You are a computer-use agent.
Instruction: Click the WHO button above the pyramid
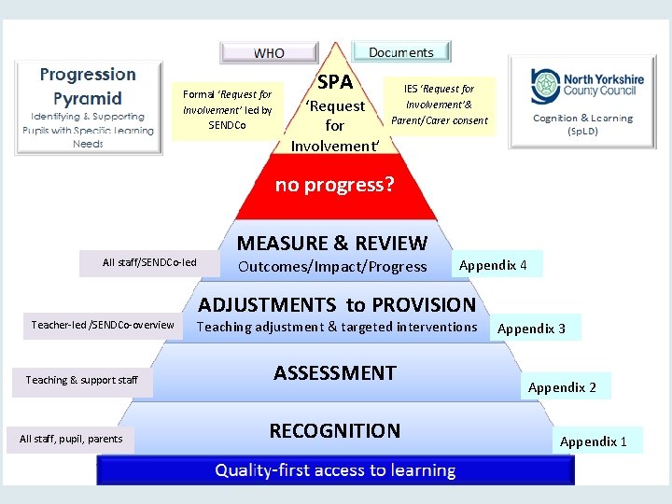[x=269, y=53]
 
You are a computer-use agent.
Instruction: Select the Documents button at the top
[x=401, y=52]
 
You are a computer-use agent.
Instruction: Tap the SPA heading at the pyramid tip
[x=335, y=82]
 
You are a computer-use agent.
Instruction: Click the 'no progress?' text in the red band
[x=335, y=185]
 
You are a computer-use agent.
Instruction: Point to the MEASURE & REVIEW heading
[x=332, y=244]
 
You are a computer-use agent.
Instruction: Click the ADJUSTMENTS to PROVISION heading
[x=337, y=304]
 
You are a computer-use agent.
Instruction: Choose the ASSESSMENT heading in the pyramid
[x=335, y=373]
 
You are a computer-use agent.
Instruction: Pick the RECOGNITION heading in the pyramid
[x=335, y=430]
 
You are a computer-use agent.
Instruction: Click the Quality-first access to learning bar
[x=335, y=470]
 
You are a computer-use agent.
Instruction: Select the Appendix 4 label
[x=494, y=265]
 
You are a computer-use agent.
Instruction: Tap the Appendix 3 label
[x=532, y=329]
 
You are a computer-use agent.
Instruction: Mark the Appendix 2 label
[x=562, y=387]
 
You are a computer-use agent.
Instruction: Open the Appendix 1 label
[x=594, y=441]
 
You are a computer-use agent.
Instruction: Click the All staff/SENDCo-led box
[x=149, y=263]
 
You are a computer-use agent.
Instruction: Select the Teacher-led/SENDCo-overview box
[x=103, y=325]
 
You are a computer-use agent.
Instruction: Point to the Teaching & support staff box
[x=82, y=380]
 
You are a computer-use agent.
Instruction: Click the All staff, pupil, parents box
[x=71, y=439]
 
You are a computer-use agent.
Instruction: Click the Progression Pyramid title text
[x=88, y=86]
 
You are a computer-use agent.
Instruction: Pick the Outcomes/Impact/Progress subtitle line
[x=332, y=267]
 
